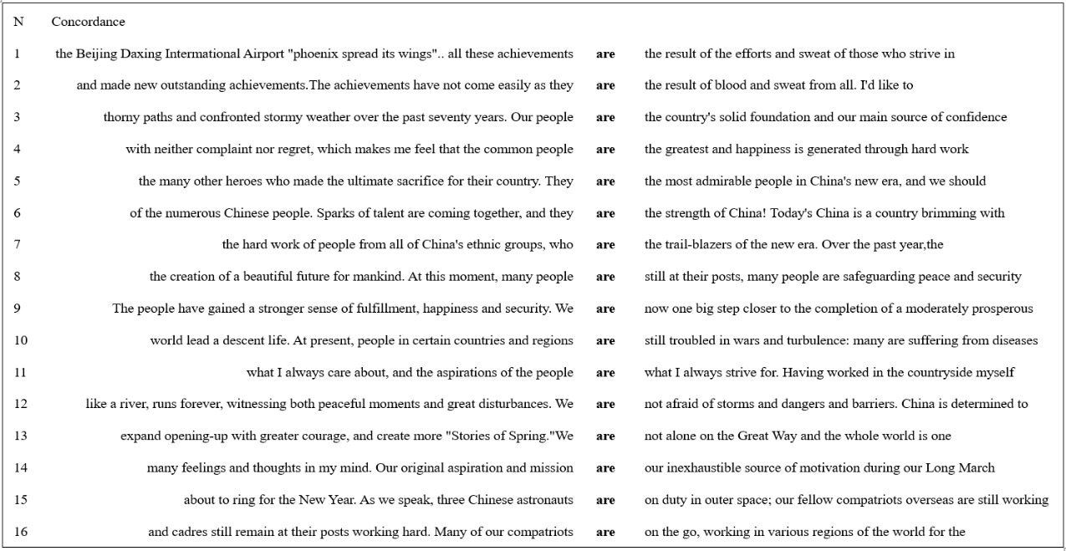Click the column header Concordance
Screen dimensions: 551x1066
pos(88,22)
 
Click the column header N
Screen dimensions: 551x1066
pos(18,22)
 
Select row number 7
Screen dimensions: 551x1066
pos(17,245)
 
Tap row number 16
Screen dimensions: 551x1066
pos(20,532)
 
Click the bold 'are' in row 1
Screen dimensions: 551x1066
pos(605,54)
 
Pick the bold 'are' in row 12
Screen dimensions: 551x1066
pos(605,405)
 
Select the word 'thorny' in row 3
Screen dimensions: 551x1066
pos(121,118)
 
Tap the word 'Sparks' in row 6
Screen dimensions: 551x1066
pos(334,213)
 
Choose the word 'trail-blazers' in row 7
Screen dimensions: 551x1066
pos(700,245)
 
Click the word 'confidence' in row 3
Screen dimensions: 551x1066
pos(977,118)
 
